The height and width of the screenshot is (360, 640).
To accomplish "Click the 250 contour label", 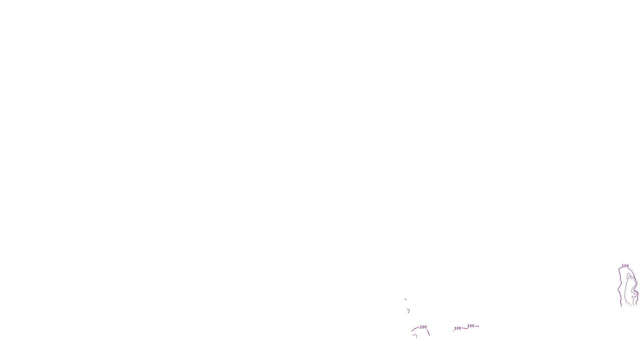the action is [631, 278].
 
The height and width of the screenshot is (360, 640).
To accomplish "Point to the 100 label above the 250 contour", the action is [625, 266].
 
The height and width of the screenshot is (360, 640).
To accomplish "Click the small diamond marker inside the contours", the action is [635, 294].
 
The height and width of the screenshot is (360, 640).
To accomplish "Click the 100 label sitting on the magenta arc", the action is [423, 327].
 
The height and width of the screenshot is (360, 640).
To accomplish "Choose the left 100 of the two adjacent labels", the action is [458, 328].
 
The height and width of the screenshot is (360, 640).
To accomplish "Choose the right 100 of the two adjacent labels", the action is [471, 326].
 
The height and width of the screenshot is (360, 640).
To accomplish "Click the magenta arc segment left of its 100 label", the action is [415, 329].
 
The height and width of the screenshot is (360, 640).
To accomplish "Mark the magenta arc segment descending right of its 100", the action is [428, 332].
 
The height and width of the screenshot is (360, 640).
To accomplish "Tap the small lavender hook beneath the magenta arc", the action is [415, 336].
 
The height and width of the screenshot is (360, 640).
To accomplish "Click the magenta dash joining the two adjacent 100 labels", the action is [464, 328].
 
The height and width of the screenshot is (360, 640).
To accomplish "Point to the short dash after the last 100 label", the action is [477, 326].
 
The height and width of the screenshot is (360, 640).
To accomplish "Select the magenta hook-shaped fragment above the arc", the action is [408, 311].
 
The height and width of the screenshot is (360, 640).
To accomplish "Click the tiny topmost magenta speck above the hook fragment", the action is [406, 299].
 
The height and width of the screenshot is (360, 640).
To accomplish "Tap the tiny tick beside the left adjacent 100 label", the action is [453, 330].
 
